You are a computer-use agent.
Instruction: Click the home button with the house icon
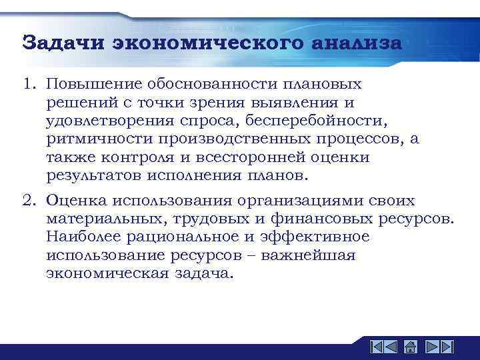(x=411, y=347)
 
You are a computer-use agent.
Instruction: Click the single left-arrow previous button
(x=392, y=347)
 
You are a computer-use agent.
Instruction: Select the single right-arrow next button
(x=430, y=347)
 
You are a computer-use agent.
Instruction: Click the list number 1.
(x=28, y=85)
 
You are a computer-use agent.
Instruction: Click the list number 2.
(x=28, y=201)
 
